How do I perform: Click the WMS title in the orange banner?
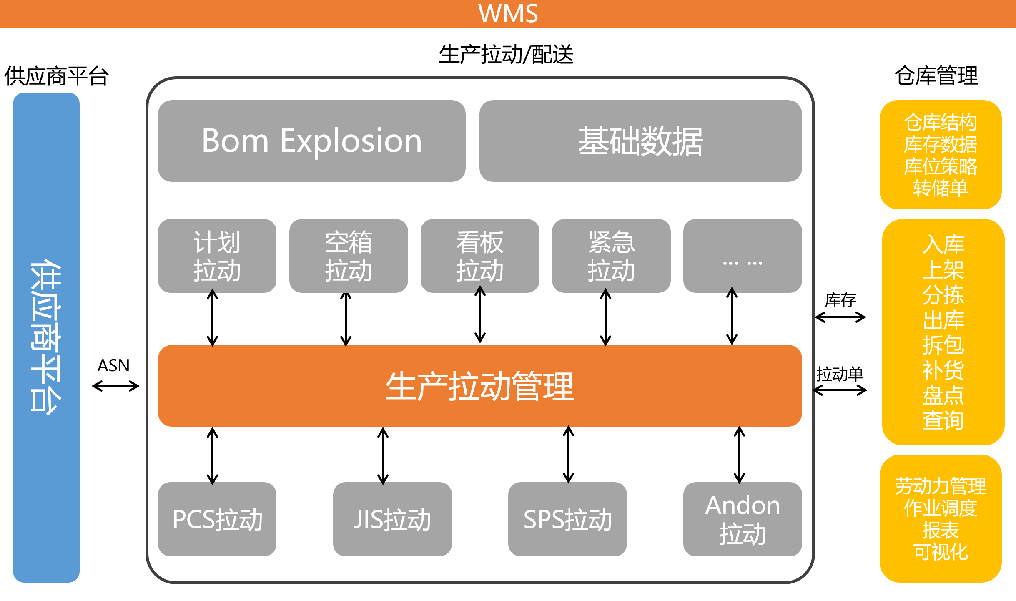pos(508,14)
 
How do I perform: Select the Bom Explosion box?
pos(311,141)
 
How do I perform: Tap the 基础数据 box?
pos(640,141)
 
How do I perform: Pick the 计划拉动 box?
pos(217,256)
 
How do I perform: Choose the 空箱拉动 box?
pos(349,256)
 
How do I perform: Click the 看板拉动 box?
pos(480,256)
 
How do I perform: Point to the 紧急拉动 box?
pos(611,256)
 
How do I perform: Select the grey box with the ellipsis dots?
pos(743,256)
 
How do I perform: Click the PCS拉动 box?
pos(217,519)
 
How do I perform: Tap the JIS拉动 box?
pos(392,519)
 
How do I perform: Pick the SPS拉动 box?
pos(567,519)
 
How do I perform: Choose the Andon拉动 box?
pos(743,519)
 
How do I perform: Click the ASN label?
pos(113,365)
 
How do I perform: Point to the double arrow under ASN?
pos(115,386)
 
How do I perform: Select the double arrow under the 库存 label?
pos(840,317)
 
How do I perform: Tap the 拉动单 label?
pos(840,374)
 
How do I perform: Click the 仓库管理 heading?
pos(936,76)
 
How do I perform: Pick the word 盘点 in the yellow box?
pos(943,395)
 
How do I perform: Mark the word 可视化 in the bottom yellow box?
pos(941,552)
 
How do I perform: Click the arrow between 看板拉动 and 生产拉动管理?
pos(480,315)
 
